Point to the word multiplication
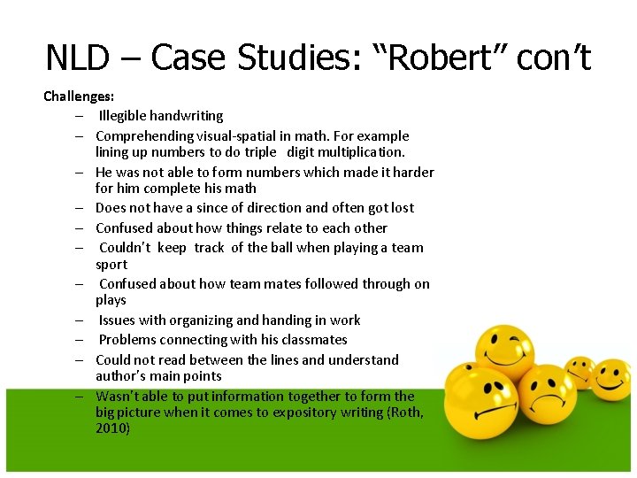click(x=358, y=152)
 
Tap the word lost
click(x=402, y=208)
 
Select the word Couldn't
click(x=129, y=248)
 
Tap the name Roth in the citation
click(x=406, y=412)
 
